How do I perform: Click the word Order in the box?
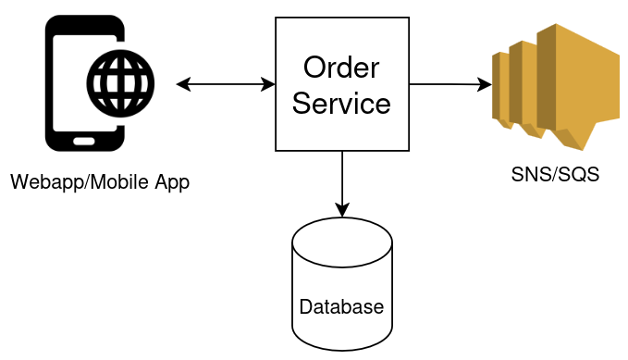click(x=341, y=68)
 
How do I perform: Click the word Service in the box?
click(x=341, y=103)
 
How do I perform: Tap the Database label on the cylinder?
click(x=341, y=306)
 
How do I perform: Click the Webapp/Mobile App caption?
click(x=100, y=182)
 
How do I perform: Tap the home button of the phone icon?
click(x=84, y=142)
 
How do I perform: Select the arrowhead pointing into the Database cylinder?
click(x=342, y=210)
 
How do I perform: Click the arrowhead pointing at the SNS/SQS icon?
click(x=485, y=85)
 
